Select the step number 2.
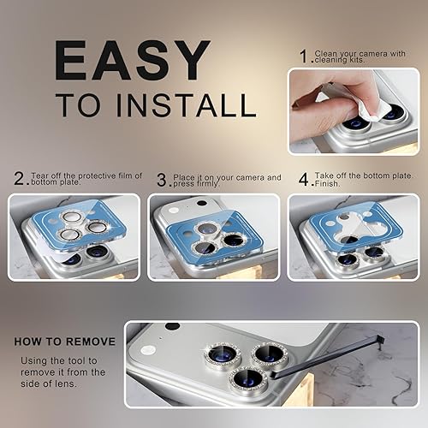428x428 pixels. (20, 181)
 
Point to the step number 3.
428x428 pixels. (161, 181)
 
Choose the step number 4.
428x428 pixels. (302, 181)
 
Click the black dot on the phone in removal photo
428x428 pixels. (172, 326)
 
